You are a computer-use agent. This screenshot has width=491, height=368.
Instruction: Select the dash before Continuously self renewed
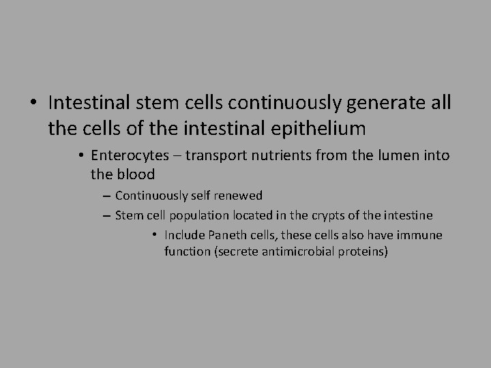108,196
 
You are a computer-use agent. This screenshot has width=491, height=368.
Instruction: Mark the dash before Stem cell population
108,216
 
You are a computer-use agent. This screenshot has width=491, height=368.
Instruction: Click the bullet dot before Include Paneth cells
155,235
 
